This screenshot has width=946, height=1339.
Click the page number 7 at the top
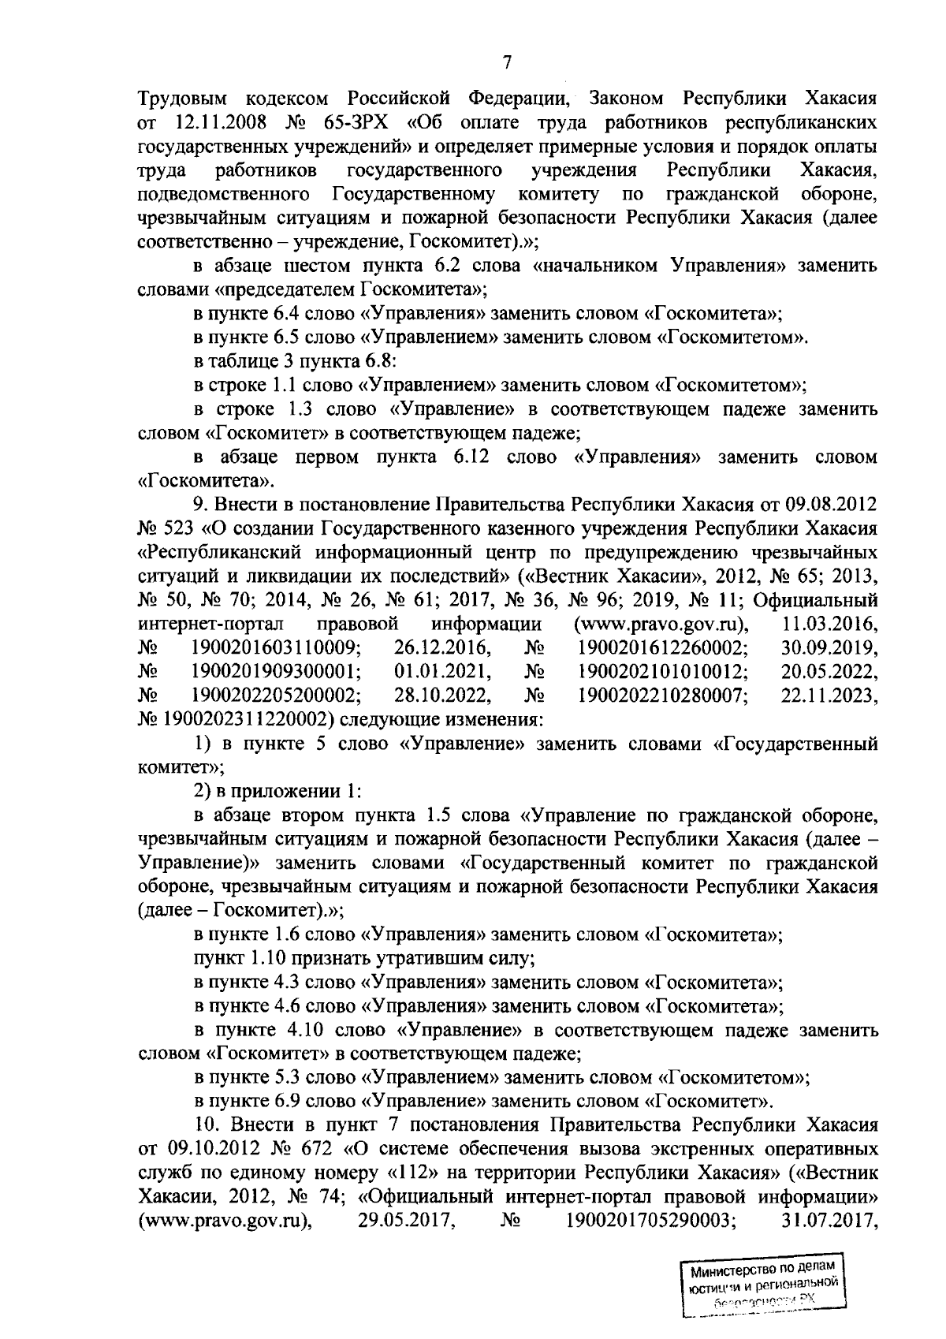pyautogui.click(x=507, y=64)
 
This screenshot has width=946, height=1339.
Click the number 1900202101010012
pyautogui.click(x=663, y=672)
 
